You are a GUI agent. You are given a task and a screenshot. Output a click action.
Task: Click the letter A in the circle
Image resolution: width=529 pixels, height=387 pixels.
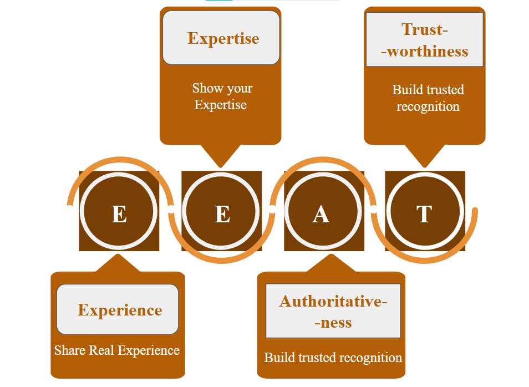point(321,214)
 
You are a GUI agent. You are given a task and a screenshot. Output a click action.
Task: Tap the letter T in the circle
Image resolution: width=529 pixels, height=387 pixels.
point(424,214)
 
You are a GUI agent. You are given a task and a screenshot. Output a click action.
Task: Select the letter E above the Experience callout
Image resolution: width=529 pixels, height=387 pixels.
point(119,214)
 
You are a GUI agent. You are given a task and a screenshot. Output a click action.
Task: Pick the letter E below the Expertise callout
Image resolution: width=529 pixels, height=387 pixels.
point(222,214)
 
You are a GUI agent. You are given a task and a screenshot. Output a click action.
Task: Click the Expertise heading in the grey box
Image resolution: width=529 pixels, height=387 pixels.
point(223,38)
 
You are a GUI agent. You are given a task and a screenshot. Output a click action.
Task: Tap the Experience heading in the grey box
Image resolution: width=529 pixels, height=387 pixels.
point(120,310)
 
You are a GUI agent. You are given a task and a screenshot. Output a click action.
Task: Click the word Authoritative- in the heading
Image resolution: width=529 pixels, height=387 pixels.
point(333,301)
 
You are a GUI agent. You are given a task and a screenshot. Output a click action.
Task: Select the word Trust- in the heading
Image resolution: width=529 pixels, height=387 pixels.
point(425,29)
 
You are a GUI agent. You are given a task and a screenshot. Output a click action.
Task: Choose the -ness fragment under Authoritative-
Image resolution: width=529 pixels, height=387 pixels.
point(333,323)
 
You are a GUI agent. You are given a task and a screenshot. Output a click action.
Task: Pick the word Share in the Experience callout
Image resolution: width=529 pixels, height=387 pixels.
point(69,350)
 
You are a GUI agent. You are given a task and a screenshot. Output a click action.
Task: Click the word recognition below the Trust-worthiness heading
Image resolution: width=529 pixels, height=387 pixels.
point(428,106)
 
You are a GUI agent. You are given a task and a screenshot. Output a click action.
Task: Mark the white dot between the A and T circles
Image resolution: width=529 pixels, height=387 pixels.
point(374,210)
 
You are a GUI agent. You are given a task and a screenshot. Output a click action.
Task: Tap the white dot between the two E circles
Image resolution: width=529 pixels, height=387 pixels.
point(171,210)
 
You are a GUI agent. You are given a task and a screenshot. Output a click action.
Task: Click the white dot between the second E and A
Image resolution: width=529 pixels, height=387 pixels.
point(272,210)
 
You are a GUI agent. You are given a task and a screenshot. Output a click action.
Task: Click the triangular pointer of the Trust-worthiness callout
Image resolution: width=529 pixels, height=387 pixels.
point(425,156)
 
